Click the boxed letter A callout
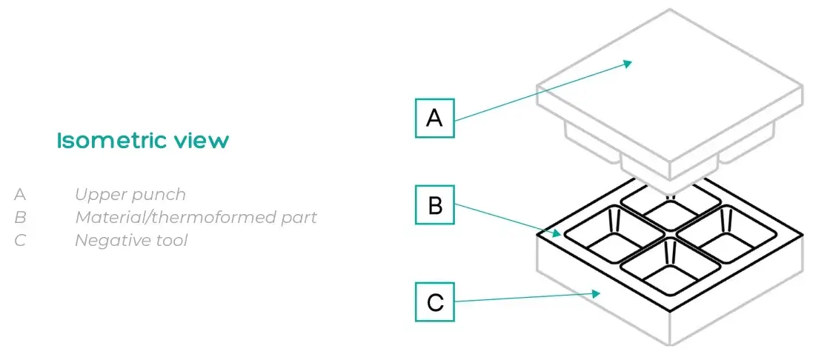(434, 118)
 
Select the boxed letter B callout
(434, 205)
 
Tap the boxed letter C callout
(434, 301)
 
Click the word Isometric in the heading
(110, 141)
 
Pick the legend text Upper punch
(130, 195)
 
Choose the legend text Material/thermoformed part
(196, 218)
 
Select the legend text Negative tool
(131, 241)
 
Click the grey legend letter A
(20, 195)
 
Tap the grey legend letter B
(20, 218)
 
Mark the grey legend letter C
(20, 241)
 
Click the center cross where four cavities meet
(671, 239)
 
